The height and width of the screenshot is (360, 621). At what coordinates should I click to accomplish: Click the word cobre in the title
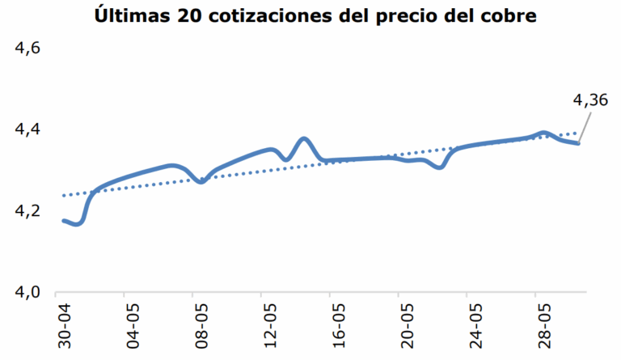pos(505,15)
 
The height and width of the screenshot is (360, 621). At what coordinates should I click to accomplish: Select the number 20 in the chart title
pos(183,15)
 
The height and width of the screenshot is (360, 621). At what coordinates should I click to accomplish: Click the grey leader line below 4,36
pos(586,126)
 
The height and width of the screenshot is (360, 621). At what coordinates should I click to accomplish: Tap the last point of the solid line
pos(578,143)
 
